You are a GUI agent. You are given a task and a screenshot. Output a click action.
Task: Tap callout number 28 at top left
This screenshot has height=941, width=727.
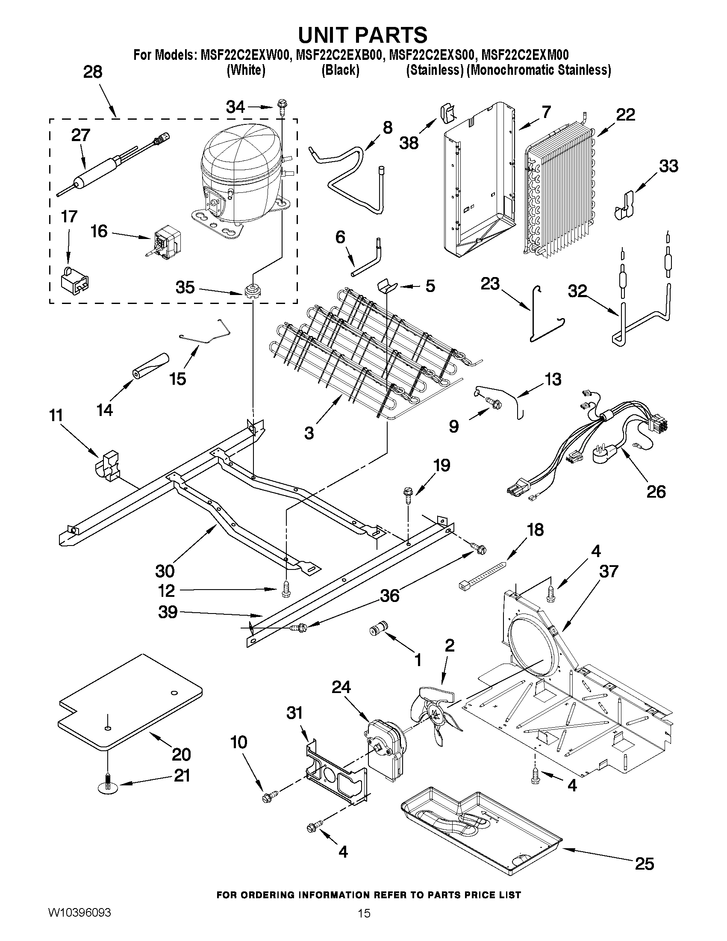tap(93, 71)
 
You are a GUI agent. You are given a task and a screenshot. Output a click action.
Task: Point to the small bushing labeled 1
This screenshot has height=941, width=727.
tap(379, 629)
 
